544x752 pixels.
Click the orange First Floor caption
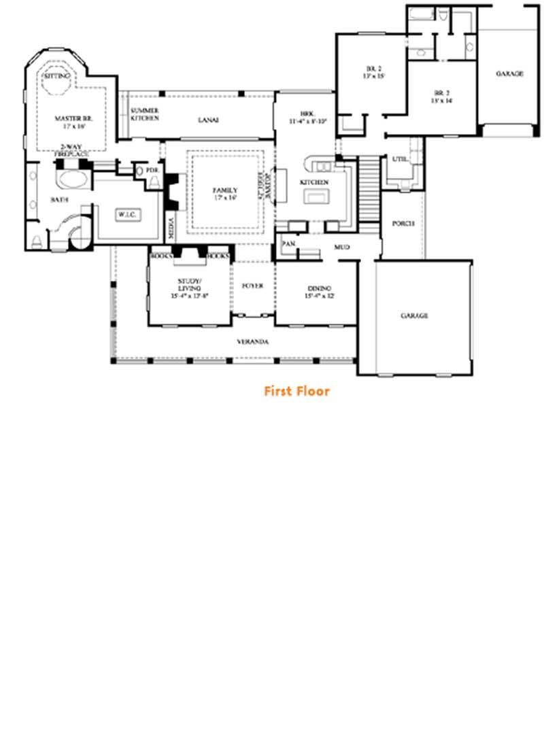point(296,391)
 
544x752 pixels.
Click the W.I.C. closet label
point(128,215)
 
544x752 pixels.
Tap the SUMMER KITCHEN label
point(145,114)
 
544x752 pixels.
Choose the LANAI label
point(208,120)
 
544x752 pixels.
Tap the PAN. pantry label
point(288,243)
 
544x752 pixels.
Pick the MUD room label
point(341,247)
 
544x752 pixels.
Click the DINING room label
point(320,290)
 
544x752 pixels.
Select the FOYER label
point(252,286)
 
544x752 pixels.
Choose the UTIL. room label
point(399,158)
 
